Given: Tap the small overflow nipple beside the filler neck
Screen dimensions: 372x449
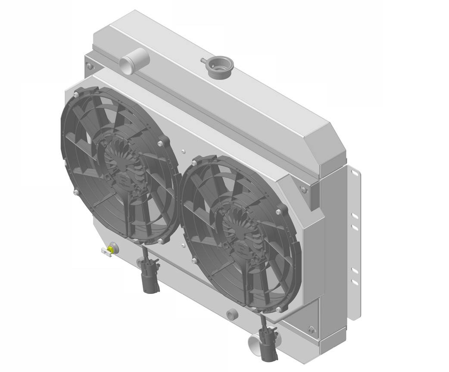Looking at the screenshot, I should tap(202, 60).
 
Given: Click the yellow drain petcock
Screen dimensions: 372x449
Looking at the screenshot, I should tap(112, 248).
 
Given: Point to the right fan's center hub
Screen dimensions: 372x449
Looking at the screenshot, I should tap(239, 233).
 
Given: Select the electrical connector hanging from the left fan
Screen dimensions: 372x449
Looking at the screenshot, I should tap(150, 278).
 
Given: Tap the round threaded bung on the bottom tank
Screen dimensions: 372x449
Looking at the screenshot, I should tap(232, 315).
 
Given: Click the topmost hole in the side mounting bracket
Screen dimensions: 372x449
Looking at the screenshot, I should tap(354, 173).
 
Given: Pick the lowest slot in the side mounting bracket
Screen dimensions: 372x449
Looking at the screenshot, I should tap(354, 282).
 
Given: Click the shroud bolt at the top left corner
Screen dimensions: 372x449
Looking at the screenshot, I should tap(89, 66).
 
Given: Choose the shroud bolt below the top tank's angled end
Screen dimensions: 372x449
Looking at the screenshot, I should tap(304, 189).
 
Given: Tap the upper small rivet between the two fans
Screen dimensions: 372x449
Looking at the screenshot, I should tap(184, 151).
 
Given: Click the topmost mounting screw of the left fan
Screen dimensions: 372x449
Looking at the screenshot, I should tap(76, 94).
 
